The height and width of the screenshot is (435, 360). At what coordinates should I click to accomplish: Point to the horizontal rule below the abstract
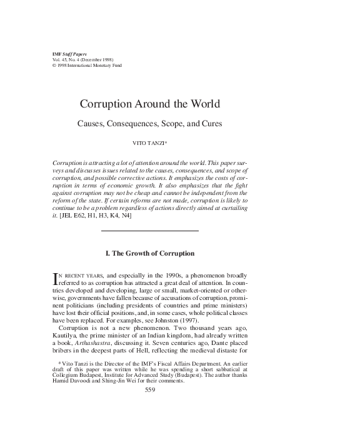(150, 231)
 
